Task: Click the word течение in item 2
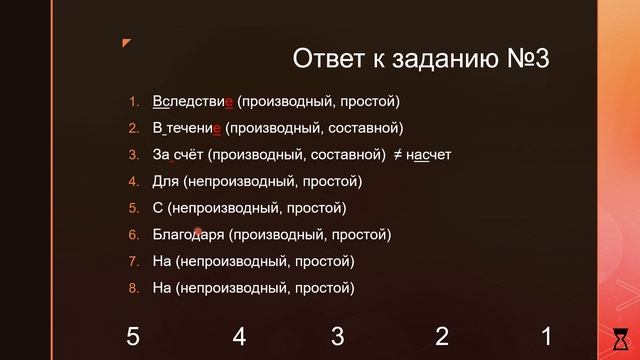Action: [194, 128]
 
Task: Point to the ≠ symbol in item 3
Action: [396, 155]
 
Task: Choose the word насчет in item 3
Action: [430, 155]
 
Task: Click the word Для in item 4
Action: [166, 182]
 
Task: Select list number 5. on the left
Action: [133, 208]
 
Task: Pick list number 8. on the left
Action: [133, 289]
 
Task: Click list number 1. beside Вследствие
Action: [133, 101]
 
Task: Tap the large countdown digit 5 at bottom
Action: [133, 336]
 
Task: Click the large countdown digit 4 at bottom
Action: [239, 336]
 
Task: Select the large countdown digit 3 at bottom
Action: [338, 336]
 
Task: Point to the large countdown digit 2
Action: [442, 336]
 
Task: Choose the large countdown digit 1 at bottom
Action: [546, 336]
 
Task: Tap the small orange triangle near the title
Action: [126, 43]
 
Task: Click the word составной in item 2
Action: [369, 128]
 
